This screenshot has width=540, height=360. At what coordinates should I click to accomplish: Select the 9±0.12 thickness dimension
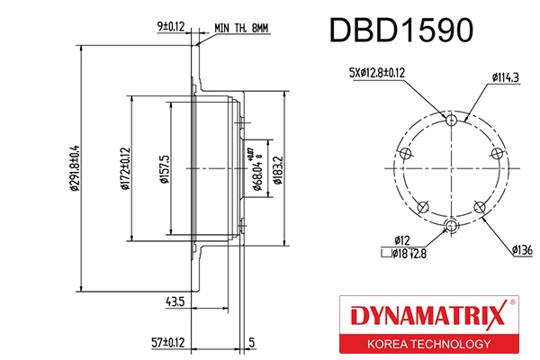pyautogui.click(x=170, y=28)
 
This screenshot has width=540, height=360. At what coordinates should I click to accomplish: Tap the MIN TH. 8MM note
pyautogui.click(x=242, y=29)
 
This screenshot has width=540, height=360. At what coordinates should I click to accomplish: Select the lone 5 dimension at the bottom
pyautogui.click(x=252, y=342)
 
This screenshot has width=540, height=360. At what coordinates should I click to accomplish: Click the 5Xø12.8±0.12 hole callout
pyautogui.click(x=376, y=72)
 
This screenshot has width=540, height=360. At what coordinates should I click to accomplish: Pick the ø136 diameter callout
pyautogui.click(x=522, y=247)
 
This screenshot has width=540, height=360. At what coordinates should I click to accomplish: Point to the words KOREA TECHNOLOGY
pyautogui.click(x=427, y=345)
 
